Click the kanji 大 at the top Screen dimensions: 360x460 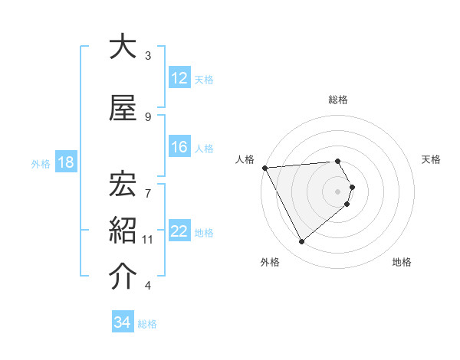point(123,47)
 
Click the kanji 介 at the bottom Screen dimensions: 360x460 point(123,277)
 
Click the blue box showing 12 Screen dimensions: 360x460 point(179,78)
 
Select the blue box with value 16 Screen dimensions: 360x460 point(179,147)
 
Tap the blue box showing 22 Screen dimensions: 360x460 point(179,231)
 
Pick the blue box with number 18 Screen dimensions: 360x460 point(65,162)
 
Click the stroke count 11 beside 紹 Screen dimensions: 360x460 point(148,240)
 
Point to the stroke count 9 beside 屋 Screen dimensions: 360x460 point(148,116)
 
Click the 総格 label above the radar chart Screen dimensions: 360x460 point(338,100)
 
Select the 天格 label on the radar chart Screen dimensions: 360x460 point(432,159)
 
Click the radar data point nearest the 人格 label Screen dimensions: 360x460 point(264,167)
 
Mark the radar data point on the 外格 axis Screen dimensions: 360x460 point(301,242)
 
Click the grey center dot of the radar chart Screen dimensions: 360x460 point(338,191)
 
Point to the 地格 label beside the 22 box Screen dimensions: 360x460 point(204,232)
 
